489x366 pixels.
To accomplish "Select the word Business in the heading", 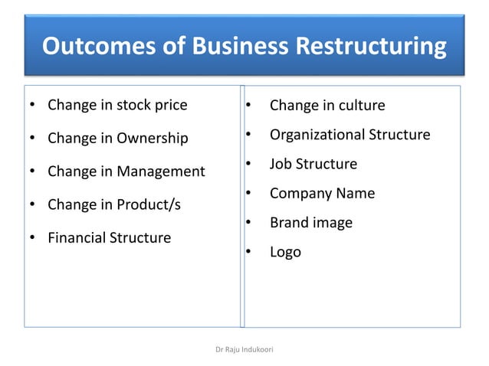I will click(x=231, y=47).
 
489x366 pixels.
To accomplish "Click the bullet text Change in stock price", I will click(x=117, y=105).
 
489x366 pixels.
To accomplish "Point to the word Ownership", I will click(x=153, y=139).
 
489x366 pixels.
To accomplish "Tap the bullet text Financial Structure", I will click(x=110, y=237).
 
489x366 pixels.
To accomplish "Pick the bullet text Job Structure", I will click(x=313, y=164).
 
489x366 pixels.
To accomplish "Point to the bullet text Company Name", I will click(x=322, y=193).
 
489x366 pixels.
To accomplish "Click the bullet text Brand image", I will click(x=311, y=223).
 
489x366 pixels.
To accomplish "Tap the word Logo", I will click(x=285, y=252).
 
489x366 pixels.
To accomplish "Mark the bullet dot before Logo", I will click(x=248, y=253).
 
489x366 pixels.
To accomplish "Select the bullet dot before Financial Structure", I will click(x=32, y=238).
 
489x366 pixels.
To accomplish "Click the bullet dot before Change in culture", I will click(x=248, y=106).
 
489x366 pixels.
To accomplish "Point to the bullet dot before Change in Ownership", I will click(x=32, y=139).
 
